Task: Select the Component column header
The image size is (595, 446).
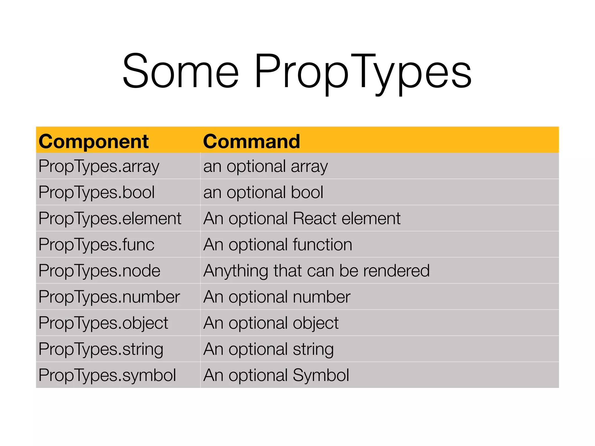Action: click(94, 141)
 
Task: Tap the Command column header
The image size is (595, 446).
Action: click(251, 141)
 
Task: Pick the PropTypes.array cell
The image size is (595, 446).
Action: click(99, 167)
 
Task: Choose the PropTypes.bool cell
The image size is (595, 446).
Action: click(96, 193)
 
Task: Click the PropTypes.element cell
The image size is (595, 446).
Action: click(110, 218)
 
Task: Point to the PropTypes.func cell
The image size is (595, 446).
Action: click(96, 244)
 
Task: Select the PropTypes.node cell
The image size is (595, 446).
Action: click(99, 271)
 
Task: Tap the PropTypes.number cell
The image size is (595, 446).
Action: click(109, 297)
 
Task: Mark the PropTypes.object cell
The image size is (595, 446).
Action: click(103, 323)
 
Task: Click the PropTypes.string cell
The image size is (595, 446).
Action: click(101, 349)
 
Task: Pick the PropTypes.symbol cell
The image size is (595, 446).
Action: click(107, 375)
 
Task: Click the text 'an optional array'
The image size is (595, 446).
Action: click(266, 167)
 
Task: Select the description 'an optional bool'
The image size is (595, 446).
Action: click(263, 193)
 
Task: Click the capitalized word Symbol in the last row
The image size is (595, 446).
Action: click(321, 375)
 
